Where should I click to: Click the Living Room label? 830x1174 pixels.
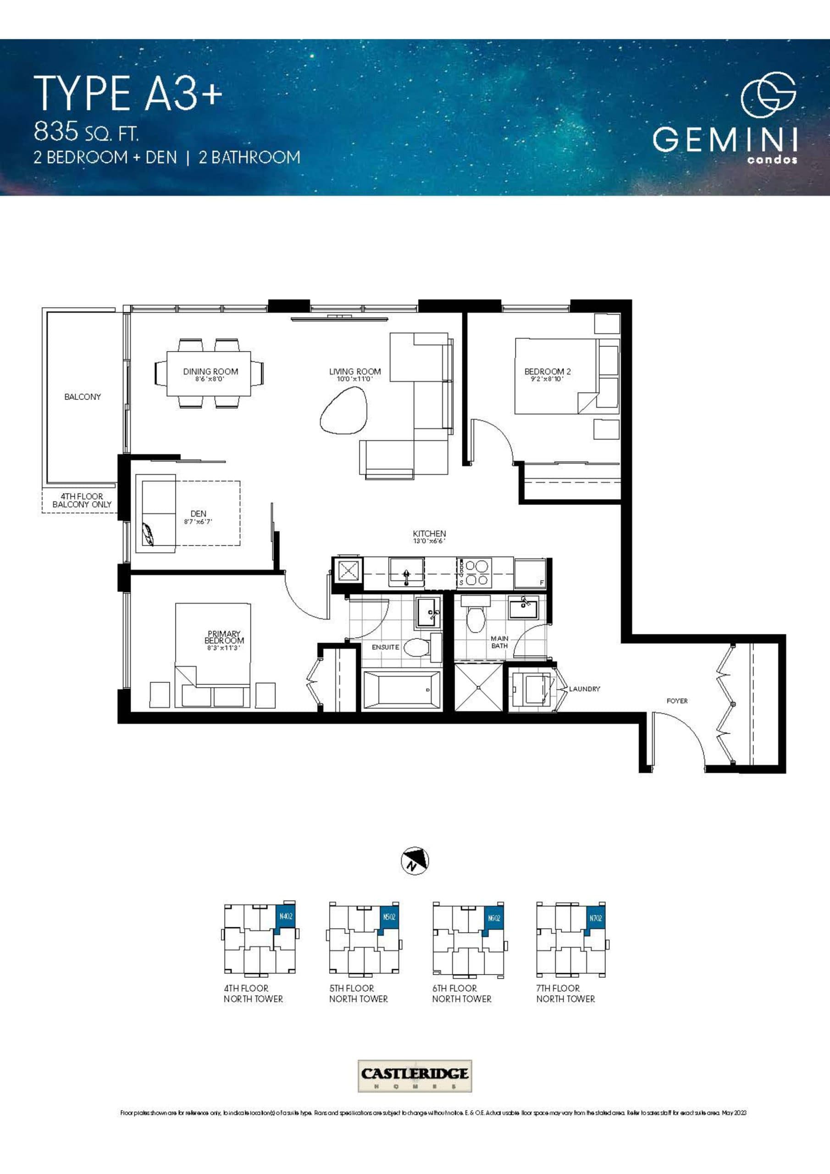point(355,372)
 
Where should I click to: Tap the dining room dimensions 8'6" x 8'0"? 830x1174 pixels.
point(210,379)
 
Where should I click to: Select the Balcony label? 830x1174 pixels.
point(83,397)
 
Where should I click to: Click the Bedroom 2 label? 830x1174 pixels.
point(547,372)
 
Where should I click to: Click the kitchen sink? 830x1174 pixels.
point(407,572)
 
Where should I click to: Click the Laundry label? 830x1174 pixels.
point(585,689)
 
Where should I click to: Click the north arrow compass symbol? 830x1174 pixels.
point(415,861)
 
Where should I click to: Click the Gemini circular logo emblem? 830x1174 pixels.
point(768,95)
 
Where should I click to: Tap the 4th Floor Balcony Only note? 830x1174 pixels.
point(82,501)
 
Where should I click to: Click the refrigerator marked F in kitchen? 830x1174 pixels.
point(530,573)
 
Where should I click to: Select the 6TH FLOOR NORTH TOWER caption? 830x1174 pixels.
point(461,993)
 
